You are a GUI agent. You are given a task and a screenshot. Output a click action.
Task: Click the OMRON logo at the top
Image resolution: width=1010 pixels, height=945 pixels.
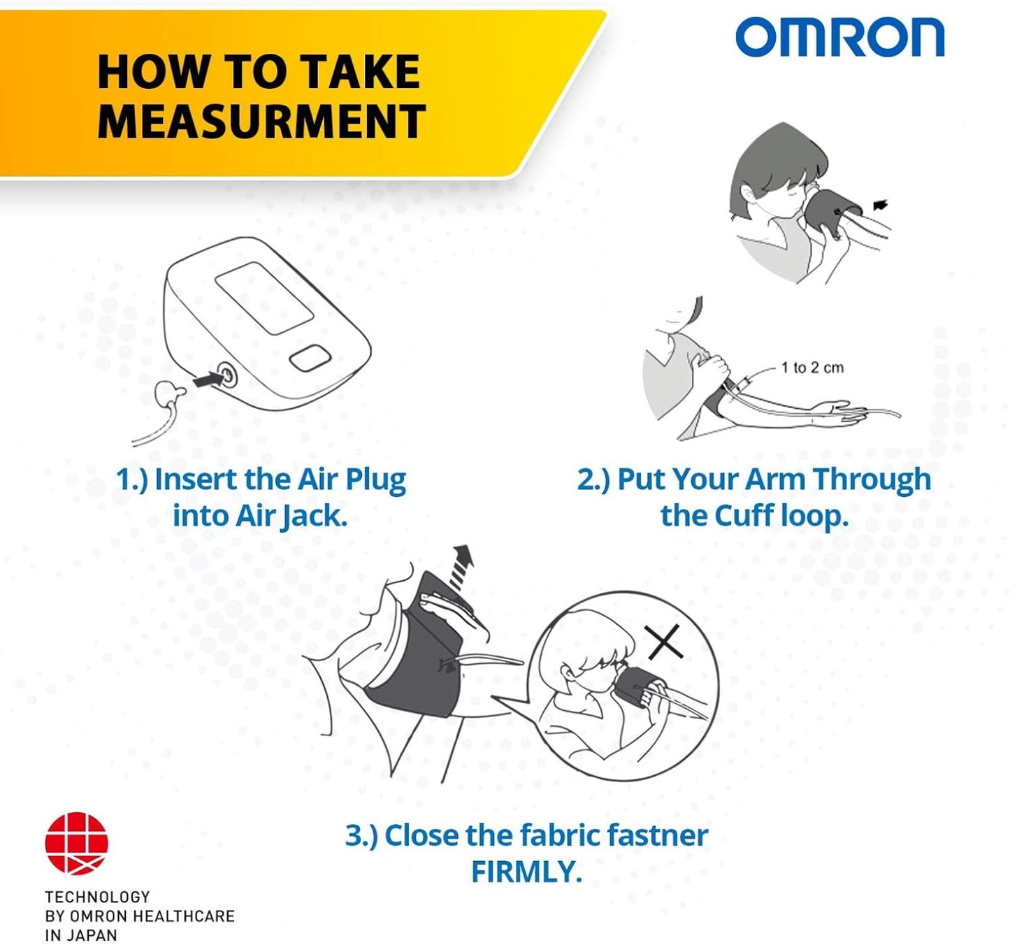click(x=839, y=38)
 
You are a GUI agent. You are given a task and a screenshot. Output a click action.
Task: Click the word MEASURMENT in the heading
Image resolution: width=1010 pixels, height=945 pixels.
click(x=261, y=122)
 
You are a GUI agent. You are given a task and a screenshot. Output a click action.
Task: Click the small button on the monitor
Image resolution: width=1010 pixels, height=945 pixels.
click(x=310, y=359)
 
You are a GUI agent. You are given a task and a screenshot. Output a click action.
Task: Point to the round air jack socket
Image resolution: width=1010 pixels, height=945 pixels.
click(x=226, y=375)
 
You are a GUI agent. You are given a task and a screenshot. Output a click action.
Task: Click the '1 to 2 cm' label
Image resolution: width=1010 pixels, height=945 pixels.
click(x=811, y=368)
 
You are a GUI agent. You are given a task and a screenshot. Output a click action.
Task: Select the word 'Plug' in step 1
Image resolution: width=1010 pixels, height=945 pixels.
click(x=375, y=481)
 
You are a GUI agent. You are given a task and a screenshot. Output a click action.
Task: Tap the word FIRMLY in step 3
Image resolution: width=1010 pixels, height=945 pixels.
click(x=526, y=872)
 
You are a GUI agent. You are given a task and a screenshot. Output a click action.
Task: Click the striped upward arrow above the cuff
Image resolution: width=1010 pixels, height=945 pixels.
click(x=461, y=564)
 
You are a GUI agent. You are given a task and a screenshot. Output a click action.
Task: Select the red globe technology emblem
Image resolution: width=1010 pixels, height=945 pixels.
click(x=77, y=844)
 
